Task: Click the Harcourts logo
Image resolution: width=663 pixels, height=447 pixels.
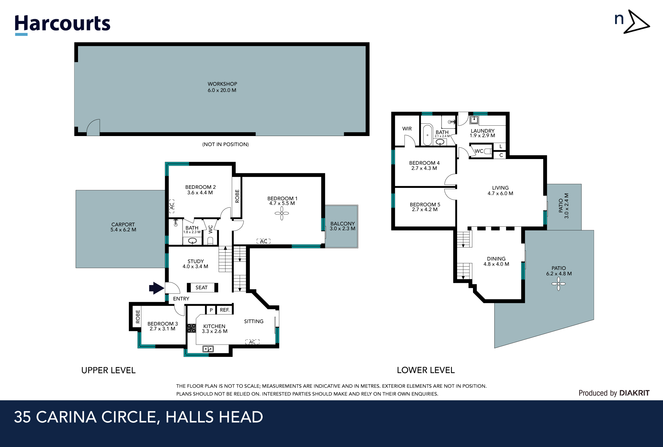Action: pos(62,24)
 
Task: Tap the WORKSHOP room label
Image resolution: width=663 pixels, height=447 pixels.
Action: pos(222,84)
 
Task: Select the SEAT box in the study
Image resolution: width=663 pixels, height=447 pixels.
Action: pos(202,288)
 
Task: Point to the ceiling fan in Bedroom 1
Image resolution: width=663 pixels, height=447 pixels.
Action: pos(282,213)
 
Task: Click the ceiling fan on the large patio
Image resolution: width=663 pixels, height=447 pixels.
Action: pos(558,284)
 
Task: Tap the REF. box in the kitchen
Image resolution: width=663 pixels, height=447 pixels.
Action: pos(225,310)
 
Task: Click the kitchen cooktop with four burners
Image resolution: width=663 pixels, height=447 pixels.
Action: pos(191,328)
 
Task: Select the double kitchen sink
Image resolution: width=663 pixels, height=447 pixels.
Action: pos(208,349)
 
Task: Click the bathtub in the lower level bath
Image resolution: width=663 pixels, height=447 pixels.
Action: pos(428,135)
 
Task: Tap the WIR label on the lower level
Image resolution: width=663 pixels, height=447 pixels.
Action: pos(407,129)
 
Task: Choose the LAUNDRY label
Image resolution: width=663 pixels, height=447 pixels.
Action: pos(482,131)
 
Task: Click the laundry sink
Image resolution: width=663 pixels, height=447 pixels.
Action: pos(474,120)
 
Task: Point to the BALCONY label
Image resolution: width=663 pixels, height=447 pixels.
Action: pos(343,224)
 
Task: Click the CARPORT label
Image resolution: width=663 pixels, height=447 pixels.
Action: pos(123,224)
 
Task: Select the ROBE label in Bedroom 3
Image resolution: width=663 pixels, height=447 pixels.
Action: pos(138,316)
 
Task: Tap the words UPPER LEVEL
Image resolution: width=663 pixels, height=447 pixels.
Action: pos(108,370)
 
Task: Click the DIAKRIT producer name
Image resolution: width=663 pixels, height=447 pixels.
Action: pos(634,393)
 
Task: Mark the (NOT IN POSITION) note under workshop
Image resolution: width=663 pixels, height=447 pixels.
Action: pos(226,144)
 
